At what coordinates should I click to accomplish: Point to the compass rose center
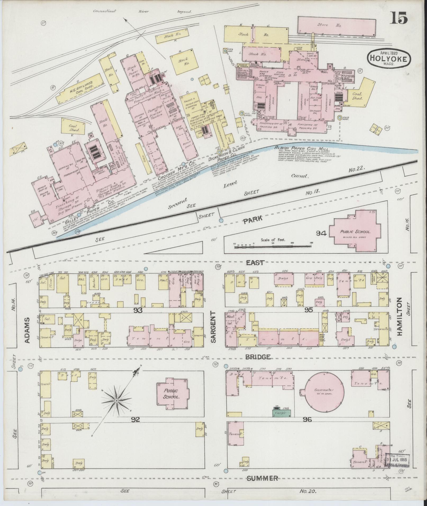pos(116,401)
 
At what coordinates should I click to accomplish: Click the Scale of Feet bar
pos(273,247)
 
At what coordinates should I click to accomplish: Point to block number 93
pos(138,310)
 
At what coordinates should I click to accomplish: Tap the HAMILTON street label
pos(399,317)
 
